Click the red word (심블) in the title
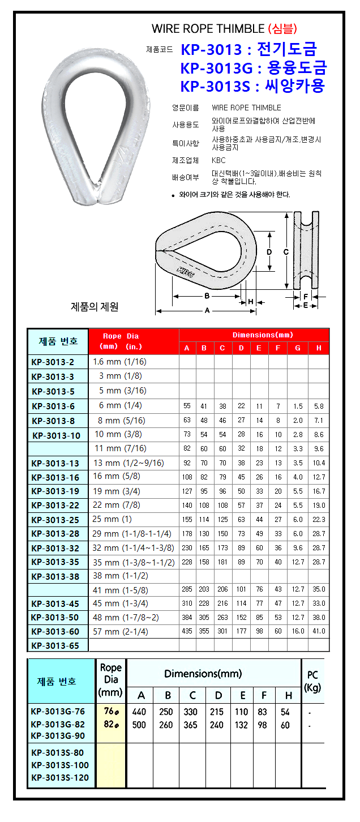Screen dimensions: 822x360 coord(281,29)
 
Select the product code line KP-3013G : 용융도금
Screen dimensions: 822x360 coord(253,68)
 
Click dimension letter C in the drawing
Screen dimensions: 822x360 coord(286,251)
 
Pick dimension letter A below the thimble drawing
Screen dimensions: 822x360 coord(207,310)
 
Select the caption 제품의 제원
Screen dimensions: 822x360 coord(95,307)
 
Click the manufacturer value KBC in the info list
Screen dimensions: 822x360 coord(218,160)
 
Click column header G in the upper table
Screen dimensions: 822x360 coord(298,348)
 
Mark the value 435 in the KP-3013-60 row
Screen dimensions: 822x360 coord(187,631)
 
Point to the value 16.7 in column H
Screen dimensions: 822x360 coord(319,491)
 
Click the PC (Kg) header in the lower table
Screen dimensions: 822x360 coord(312,681)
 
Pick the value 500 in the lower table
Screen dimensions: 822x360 coord(139,725)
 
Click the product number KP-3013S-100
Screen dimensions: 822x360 coord(59,765)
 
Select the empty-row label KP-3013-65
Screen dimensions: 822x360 coord(55,645)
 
